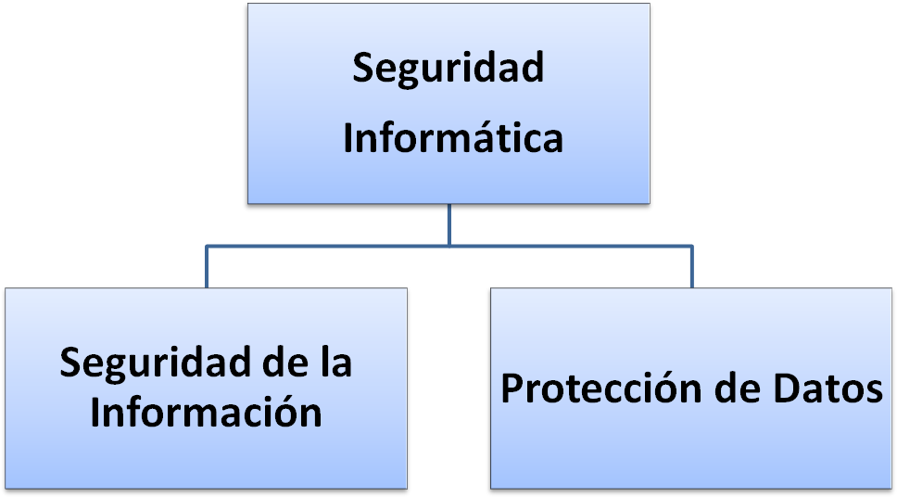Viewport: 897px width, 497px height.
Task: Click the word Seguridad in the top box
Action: pos(448,69)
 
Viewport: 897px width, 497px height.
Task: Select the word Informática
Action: pos(453,139)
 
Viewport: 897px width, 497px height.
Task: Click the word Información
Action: pos(206,413)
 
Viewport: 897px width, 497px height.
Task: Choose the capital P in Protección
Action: pos(512,389)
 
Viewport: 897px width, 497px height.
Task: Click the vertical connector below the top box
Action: pos(448,223)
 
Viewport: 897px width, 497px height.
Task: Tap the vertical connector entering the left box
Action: pos(206,267)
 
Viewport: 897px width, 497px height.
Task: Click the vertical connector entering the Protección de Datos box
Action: pos(691,267)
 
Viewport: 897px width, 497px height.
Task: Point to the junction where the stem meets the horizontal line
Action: pos(448,246)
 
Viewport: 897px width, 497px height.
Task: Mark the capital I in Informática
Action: pos(348,139)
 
